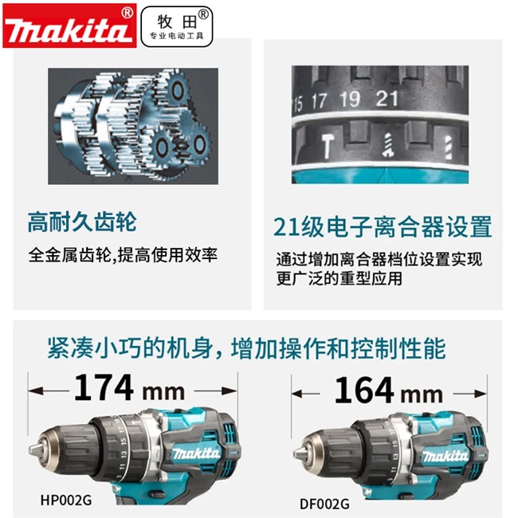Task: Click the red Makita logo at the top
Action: click(69, 26)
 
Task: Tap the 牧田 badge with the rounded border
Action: click(177, 26)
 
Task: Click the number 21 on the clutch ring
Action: click(387, 98)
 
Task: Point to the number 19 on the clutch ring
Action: click(350, 99)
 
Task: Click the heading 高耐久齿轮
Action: click(82, 222)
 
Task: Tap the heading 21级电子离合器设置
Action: click(383, 226)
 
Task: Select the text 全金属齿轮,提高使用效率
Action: click(123, 255)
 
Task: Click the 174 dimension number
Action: click(104, 387)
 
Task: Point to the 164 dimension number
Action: click(364, 390)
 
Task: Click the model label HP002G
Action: click(66, 500)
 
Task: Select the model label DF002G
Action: click(324, 504)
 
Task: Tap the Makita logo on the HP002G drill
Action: click(196, 453)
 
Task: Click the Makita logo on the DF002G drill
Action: click(445, 456)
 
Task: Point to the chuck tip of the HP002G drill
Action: click(30, 450)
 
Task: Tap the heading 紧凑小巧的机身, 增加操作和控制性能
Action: click(247, 348)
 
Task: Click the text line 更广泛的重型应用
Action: click(339, 278)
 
